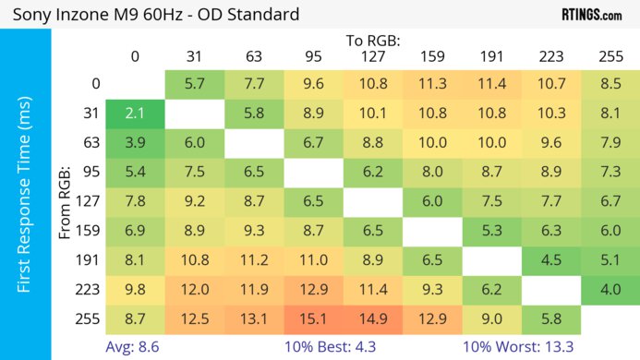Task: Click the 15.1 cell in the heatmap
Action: tap(314, 319)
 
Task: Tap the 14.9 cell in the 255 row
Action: tap(373, 319)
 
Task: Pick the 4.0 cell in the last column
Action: tap(610, 290)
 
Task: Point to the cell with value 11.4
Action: tap(492, 83)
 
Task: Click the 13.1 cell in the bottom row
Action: tap(254, 319)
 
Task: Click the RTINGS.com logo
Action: tap(591, 15)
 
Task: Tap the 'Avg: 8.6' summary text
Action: tap(136, 347)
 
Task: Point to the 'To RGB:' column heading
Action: tap(373, 42)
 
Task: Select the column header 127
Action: tap(373, 56)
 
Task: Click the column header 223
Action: tap(551, 56)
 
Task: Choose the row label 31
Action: tap(89, 113)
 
